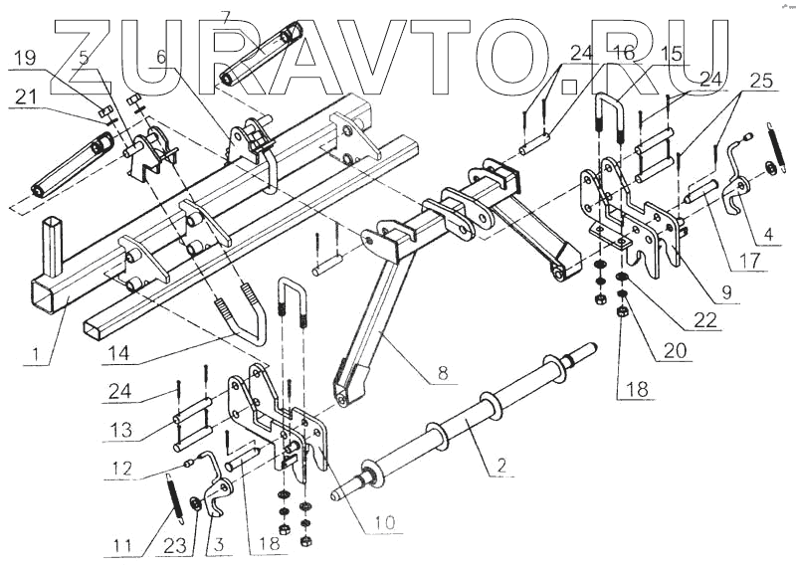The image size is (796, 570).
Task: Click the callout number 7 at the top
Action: click(x=226, y=17)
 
